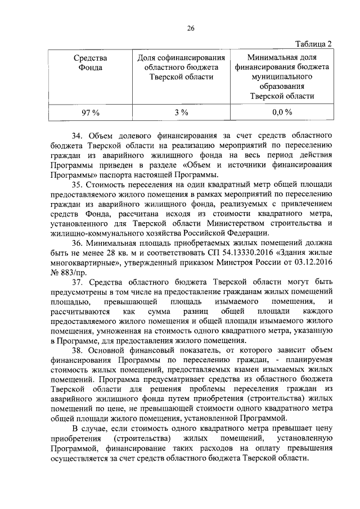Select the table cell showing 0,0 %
[282, 112]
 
